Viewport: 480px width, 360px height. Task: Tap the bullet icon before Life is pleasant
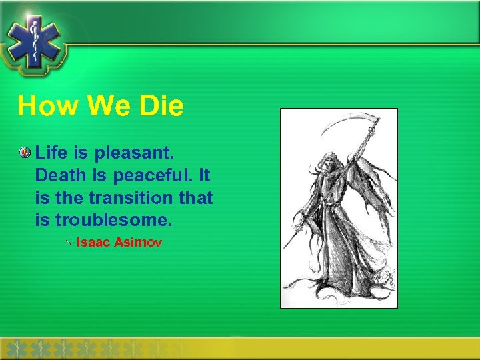[x=25, y=154]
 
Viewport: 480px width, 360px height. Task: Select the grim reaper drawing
[x=339, y=208]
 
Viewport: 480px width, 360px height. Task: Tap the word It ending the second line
[x=203, y=175]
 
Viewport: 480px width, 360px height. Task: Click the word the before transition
[x=69, y=197]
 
